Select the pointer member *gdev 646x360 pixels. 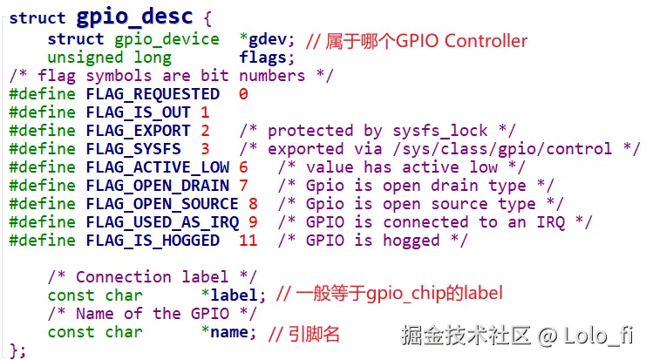tap(267, 39)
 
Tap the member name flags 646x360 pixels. tap(262, 58)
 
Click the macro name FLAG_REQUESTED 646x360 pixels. tap(153, 94)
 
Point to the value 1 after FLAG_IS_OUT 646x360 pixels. tap(205, 112)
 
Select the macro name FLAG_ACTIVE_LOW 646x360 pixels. tap(158, 167)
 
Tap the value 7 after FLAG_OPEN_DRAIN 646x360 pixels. tap(243, 186)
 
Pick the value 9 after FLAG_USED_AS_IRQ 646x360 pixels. tap(253, 222)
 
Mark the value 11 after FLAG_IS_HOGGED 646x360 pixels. tap(248, 241)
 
